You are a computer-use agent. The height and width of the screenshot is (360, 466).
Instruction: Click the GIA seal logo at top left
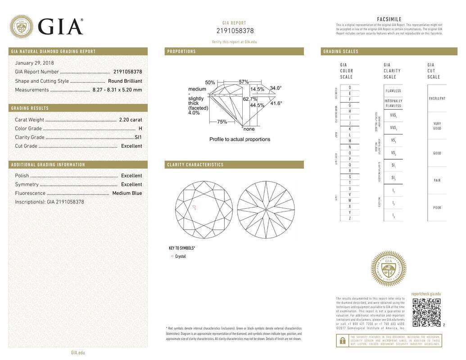click(x=21, y=27)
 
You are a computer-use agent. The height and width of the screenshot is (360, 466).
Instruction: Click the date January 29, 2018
click(x=34, y=63)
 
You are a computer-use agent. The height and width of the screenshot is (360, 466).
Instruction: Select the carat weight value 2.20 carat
click(x=130, y=120)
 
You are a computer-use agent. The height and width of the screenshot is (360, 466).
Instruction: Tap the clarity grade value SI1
click(x=138, y=137)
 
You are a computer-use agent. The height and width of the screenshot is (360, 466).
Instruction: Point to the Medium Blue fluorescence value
click(x=127, y=193)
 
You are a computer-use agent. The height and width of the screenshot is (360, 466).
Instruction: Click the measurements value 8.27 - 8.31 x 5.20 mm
click(x=117, y=90)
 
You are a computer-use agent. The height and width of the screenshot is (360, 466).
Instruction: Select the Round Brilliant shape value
click(x=125, y=81)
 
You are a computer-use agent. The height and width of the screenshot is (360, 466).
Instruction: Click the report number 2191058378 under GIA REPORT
click(x=235, y=31)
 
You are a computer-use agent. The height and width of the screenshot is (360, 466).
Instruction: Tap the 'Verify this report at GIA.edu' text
click(x=235, y=42)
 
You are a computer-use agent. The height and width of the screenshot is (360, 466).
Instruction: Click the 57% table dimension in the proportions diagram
click(x=244, y=82)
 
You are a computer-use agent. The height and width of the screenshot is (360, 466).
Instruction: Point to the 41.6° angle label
click(x=276, y=103)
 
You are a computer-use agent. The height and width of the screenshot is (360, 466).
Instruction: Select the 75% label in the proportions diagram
click(x=222, y=122)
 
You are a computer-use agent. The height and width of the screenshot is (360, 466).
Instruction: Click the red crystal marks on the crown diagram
click(x=195, y=207)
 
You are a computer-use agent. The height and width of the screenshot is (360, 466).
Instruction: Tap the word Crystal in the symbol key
click(x=180, y=256)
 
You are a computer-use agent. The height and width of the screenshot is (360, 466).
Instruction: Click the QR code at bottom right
click(x=426, y=312)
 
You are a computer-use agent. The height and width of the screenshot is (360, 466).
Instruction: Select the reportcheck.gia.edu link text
click(x=426, y=294)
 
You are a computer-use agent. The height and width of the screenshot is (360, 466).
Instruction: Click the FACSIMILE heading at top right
click(x=389, y=19)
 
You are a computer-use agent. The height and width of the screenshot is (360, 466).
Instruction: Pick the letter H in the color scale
click(x=350, y=111)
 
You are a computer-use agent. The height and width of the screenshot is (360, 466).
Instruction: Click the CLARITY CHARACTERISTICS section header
click(x=195, y=165)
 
